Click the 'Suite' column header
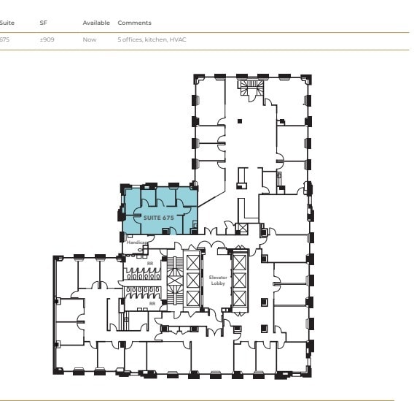point(7,23)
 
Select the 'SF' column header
point(43,23)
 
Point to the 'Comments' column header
point(134,23)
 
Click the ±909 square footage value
point(47,39)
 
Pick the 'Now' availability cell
point(89,39)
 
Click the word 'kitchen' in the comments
point(155,39)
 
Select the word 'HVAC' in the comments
point(179,39)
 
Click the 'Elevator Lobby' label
point(217,280)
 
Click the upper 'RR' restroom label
point(150,263)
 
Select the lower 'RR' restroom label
point(152,302)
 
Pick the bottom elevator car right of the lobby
point(239,297)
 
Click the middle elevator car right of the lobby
point(239,279)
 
